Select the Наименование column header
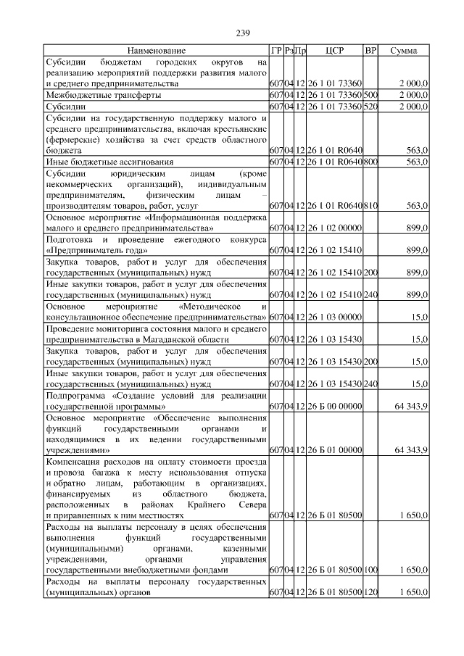(156, 51)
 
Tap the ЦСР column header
(334, 51)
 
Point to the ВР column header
(370, 51)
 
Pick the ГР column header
(275, 51)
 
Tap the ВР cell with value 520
(370, 107)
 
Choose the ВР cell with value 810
(370, 206)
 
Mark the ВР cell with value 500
(370, 95)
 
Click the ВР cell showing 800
(370, 161)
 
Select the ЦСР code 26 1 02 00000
(334, 228)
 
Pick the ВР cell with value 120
(370, 592)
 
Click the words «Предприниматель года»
(92, 250)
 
